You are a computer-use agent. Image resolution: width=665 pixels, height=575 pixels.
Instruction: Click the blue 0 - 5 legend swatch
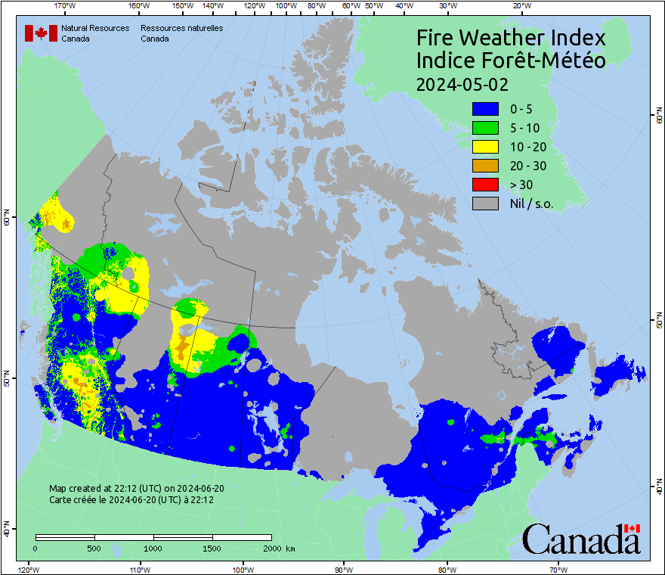click(484, 109)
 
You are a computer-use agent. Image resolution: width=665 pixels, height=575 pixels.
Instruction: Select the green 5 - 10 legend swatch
click(484, 128)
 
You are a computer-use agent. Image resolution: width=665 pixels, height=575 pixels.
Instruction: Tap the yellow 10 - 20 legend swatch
click(484, 147)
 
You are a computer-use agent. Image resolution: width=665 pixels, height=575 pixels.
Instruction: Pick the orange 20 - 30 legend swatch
click(484, 166)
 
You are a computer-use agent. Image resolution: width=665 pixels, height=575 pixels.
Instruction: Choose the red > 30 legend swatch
click(484, 185)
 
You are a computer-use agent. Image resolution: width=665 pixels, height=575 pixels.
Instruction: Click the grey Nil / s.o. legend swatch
click(484, 204)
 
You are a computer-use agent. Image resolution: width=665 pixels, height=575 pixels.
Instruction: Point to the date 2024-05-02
click(462, 83)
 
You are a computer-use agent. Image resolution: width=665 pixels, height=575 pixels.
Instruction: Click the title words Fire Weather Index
click(511, 38)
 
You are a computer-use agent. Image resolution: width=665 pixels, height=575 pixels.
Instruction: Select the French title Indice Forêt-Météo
click(511, 61)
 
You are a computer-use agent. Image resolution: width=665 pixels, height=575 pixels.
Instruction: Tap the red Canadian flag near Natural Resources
click(42, 33)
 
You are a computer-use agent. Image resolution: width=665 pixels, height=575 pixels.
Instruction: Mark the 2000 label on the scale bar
click(271, 548)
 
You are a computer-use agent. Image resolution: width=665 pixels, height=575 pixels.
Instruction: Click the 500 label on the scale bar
click(94, 548)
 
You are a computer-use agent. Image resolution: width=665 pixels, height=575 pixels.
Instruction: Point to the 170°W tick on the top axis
click(66, 5)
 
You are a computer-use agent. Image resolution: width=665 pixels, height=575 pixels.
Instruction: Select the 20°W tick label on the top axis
click(520, 5)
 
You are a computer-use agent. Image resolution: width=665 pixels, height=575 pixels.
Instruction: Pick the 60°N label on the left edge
click(7, 220)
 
